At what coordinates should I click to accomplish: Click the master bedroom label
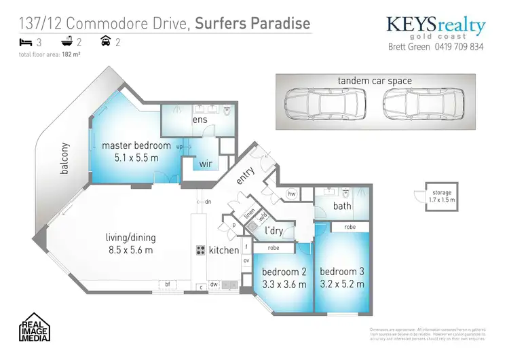tap(136, 145)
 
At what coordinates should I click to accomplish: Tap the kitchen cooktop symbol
tap(201, 249)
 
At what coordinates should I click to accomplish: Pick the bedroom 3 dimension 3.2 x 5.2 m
tap(342, 285)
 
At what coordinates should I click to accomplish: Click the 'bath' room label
tap(341, 206)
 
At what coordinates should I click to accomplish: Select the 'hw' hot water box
tap(291, 194)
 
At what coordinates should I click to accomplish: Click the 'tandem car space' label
tap(375, 81)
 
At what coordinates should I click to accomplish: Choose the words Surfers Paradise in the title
tap(252, 22)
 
